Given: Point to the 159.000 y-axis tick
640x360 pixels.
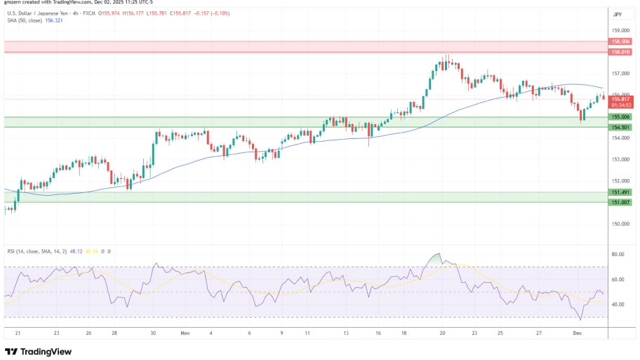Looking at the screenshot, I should pyautogui.click(x=619, y=30).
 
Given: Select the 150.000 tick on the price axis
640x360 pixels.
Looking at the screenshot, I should pyautogui.click(x=619, y=224).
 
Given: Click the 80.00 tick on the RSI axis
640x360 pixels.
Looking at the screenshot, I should pyautogui.click(x=618, y=254).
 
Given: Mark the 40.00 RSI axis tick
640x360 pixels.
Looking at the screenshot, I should pyautogui.click(x=618, y=305).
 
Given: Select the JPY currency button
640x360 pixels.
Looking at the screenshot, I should pyautogui.click(x=618, y=14).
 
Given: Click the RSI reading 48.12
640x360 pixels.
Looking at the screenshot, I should pyautogui.click(x=74, y=251).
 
